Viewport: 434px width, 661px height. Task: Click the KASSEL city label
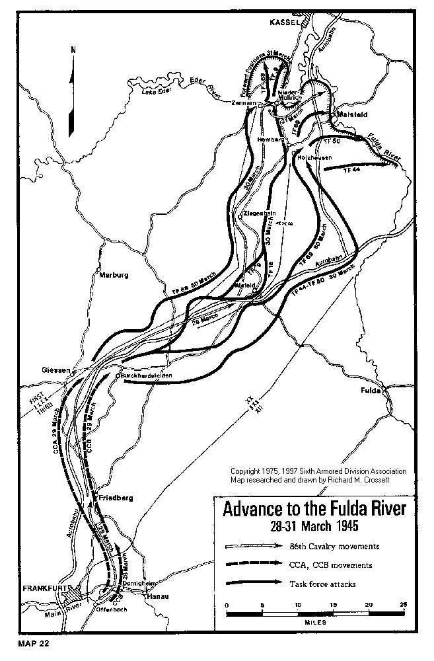click(285, 22)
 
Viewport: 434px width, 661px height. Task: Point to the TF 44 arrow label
click(351, 171)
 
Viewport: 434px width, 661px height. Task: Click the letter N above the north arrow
click(73, 50)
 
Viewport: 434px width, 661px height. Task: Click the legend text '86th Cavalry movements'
click(325, 547)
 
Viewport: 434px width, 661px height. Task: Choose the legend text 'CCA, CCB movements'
click(321, 565)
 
